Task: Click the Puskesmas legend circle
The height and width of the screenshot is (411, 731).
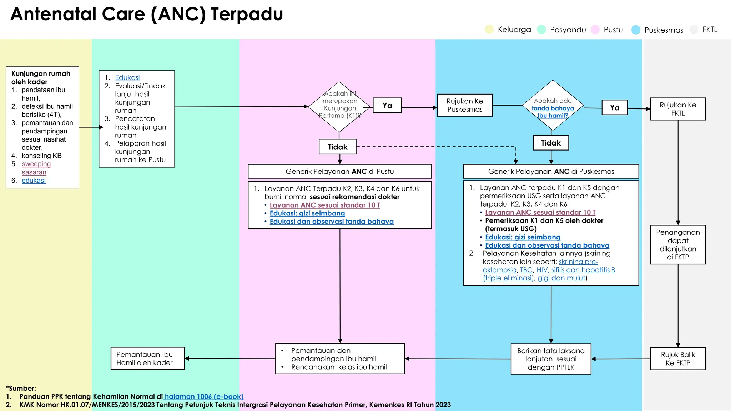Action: click(636, 30)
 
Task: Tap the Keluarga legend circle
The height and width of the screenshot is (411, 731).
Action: click(489, 29)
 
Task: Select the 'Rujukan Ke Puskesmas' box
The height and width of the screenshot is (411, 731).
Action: click(465, 105)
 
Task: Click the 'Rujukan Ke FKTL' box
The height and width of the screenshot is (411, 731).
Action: click(677, 109)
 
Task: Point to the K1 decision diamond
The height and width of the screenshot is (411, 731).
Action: click(339, 106)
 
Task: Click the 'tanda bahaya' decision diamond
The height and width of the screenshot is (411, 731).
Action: click(553, 105)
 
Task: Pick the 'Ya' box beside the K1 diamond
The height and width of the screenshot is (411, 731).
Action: click(387, 106)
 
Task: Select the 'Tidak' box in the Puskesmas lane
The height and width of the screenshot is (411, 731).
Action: click(551, 143)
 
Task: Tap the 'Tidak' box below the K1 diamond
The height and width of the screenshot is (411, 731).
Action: click(338, 147)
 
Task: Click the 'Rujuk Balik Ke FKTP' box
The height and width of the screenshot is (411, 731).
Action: click(677, 359)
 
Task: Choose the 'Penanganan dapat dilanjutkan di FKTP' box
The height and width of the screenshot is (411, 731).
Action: click(677, 244)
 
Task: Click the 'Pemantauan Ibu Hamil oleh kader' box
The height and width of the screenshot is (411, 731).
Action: click(147, 359)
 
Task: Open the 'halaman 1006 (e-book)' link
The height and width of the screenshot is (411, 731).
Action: click(204, 396)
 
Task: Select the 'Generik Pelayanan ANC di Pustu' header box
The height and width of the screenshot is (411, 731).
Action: click(339, 171)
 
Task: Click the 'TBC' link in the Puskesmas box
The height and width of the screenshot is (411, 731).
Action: click(526, 270)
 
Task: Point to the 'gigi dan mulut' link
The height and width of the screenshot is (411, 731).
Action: click(561, 278)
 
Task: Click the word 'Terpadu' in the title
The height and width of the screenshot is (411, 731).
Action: click(247, 14)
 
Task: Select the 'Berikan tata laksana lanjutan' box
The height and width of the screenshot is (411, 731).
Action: click(551, 359)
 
